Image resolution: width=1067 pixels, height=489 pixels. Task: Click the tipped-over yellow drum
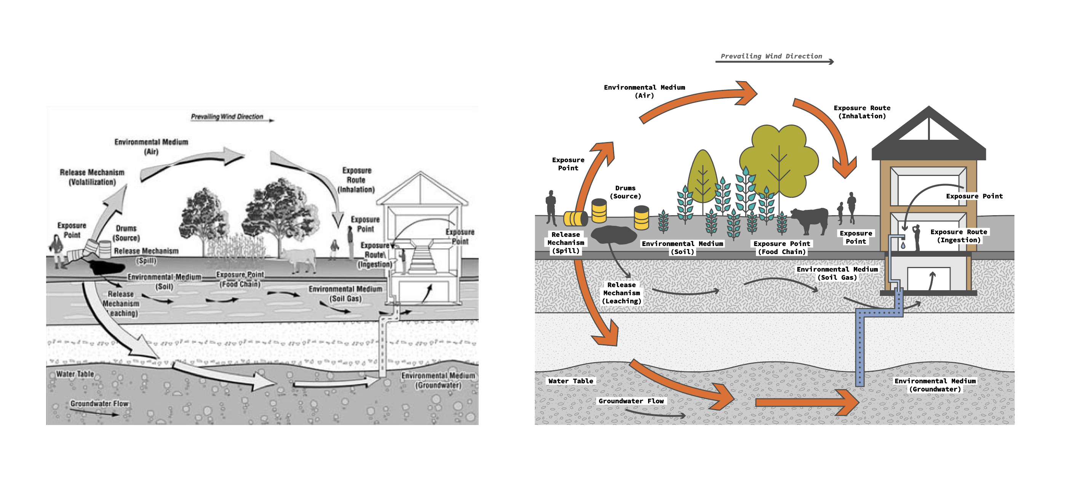coord(575,218)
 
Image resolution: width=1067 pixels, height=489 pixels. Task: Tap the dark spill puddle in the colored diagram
coord(613,235)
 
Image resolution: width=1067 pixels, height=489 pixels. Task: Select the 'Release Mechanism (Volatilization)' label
coord(92,177)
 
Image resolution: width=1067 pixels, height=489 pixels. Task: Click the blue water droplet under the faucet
coord(903,245)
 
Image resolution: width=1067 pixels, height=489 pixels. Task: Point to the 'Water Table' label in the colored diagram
coord(570,381)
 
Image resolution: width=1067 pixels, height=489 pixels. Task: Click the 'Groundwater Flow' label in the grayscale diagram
coord(99,403)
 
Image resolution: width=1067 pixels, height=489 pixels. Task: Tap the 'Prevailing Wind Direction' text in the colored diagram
coord(771,56)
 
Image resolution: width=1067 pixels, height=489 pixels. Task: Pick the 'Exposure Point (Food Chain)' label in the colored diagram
coord(782,248)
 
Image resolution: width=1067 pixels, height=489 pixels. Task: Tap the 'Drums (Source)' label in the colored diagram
coord(625,192)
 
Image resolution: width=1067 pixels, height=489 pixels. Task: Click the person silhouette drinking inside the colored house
coord(917,237)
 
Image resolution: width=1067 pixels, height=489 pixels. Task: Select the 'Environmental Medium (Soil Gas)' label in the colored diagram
coord(837,273)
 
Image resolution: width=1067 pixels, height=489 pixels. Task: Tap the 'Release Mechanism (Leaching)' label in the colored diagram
coord(621,292)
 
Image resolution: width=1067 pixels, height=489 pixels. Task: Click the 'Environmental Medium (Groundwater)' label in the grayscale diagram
coord(438,380)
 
